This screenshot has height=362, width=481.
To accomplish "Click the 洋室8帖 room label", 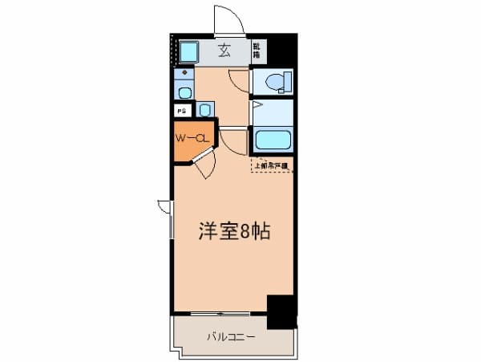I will click(233, 232).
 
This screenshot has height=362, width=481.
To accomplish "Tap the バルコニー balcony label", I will click(231, 336).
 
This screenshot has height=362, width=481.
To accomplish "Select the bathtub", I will click(272, 141).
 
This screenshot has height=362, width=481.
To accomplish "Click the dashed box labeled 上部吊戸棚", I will click(272, 166).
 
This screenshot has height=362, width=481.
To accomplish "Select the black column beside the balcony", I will click(281, 312).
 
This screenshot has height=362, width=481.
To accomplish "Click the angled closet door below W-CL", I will click(204, 167).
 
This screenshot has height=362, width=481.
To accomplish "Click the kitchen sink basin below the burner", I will click(184, 92).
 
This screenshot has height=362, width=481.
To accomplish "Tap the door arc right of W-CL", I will click(232, 142).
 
